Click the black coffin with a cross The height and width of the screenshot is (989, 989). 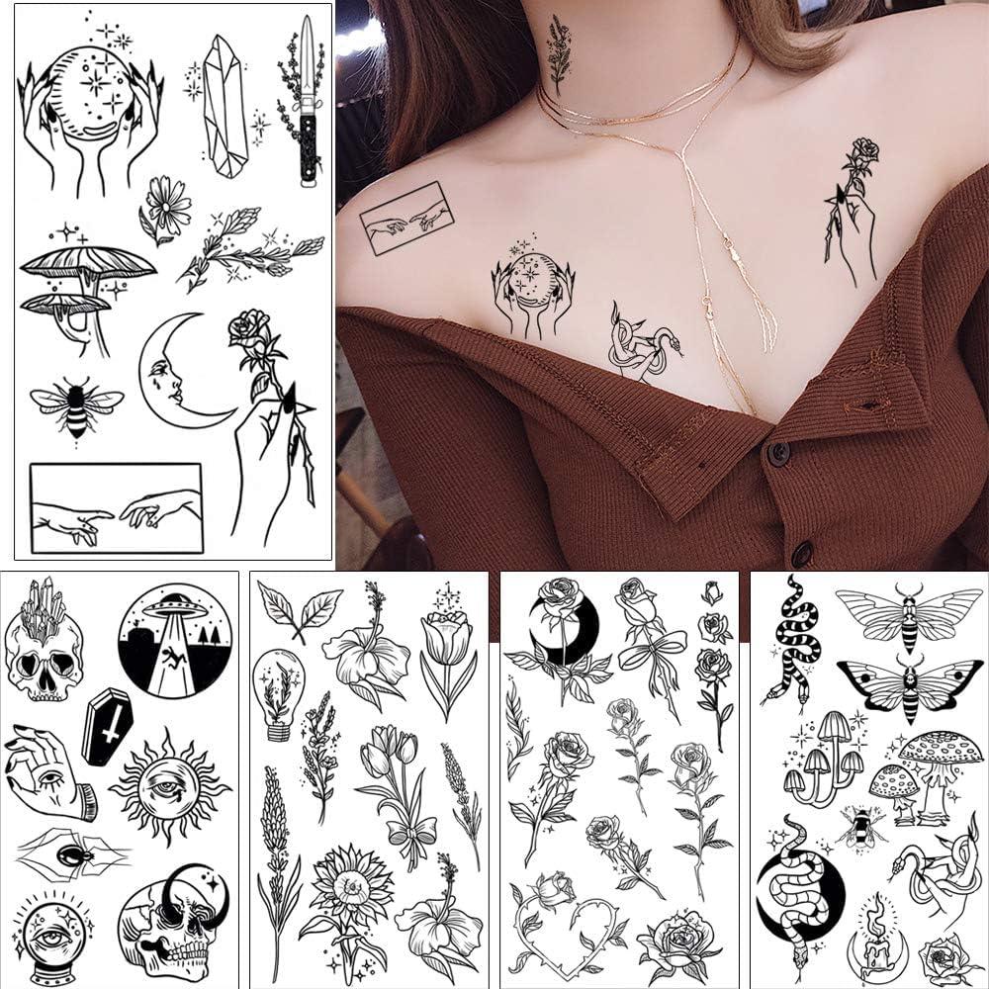107,726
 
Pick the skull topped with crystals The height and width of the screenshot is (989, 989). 44,644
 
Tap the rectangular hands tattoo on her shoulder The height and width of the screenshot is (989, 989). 406,219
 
